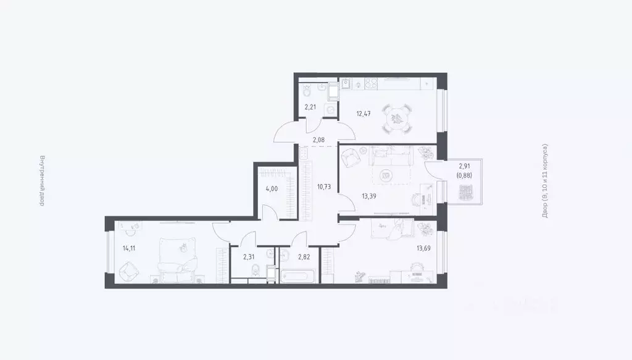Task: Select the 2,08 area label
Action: coord(318,140)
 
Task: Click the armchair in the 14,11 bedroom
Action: coord(129,269)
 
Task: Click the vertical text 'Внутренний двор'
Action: coord(41,180)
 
